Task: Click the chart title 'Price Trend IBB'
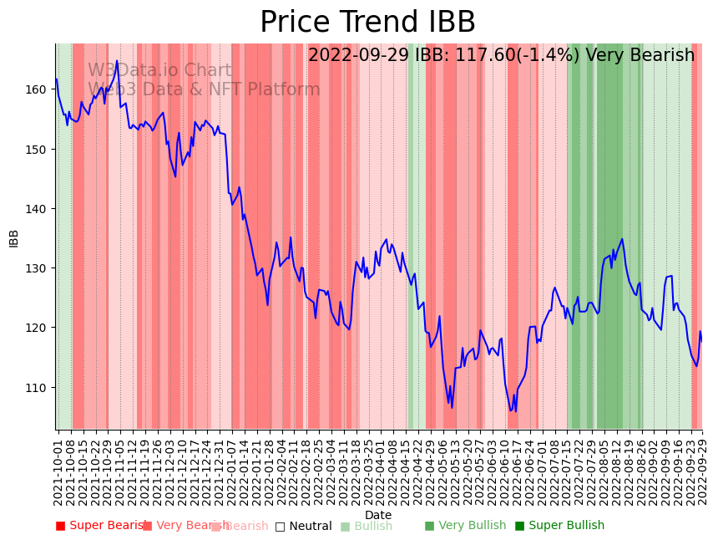click(367, 23)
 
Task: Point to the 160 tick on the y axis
click(39, 89)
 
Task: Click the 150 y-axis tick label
click(39, 149)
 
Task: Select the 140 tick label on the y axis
click(39, 208)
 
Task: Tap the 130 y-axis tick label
click(39, 268)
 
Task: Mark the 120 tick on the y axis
click(39, 328)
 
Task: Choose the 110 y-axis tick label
click(39, 387)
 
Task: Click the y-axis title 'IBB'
click(14, 237)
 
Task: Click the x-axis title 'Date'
click(378, 515)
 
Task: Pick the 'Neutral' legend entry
click(304, 527)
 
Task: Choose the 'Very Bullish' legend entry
click(465, 526)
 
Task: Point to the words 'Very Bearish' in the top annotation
click(640, 56)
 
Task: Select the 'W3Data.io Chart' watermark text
click(160, 71)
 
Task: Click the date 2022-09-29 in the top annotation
click(358, 56)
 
